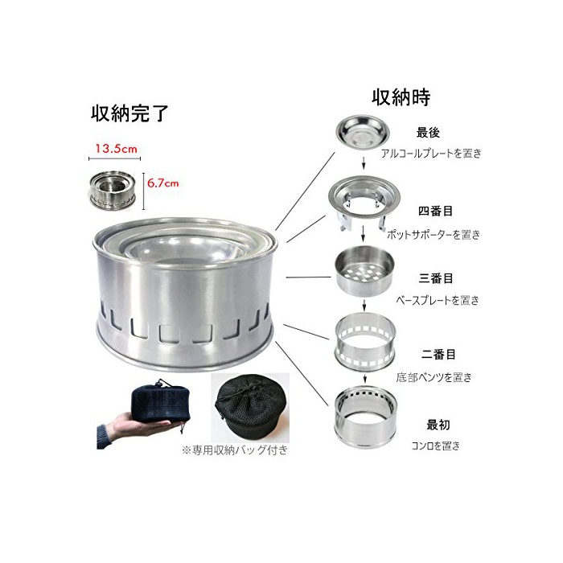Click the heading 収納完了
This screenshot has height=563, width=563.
click(129, 113)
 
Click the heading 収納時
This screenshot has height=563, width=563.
click(401, 97)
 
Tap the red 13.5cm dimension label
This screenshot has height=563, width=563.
click(116, 149)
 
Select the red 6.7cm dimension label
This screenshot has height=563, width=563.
click(162, 183)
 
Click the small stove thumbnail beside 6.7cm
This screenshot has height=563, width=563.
click(113, 191)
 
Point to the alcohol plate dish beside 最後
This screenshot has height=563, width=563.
click(363, 133)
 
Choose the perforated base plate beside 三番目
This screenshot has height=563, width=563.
click(364, 271)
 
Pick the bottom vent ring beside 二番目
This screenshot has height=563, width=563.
click(365, 341)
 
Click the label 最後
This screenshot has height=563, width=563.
click(428, 133)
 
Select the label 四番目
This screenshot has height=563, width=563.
click(435, 211)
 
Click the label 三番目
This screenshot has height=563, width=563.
click(436, 278)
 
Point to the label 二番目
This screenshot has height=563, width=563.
click(438, 355)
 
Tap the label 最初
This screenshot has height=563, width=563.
click(438, 425)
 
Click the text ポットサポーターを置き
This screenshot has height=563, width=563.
click(434, 235)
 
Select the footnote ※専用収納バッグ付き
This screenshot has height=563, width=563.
click(235, 450)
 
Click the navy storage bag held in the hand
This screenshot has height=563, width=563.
click(161, 402)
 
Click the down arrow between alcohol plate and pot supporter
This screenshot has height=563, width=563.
click(364, 162)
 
